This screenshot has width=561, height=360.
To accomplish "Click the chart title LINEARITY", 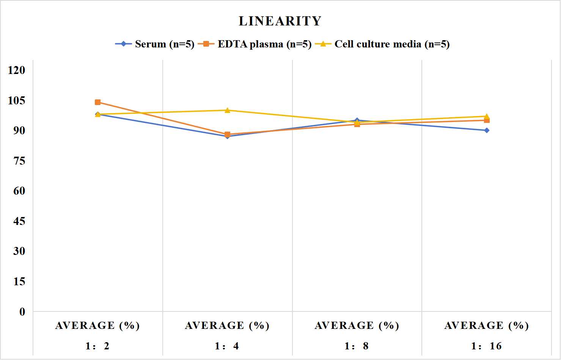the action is click(280, 21).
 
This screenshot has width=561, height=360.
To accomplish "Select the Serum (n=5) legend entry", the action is click(155, 44).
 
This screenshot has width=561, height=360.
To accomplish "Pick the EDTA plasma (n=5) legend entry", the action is click(255, 44).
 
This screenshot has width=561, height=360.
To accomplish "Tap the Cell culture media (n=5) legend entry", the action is click(382, 44).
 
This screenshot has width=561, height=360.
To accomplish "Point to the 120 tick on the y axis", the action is click(17, 70).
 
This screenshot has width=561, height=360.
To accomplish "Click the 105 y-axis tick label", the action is click(17, 101).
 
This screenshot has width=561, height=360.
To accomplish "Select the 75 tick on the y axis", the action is click(19, 161).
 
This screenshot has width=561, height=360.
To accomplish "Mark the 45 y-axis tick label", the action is click(19, 221).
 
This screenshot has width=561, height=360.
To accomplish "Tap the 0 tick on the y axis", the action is click(22, 312).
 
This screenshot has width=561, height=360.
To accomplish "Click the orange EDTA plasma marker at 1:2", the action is click(98, 102).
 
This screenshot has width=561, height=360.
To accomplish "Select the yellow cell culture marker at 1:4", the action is click(227, 110).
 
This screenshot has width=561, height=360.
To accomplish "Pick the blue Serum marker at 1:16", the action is click(487, 130).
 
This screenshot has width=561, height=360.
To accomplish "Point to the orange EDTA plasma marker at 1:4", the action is click(227, 134).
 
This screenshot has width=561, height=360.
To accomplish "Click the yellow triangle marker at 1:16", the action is click(487, 116).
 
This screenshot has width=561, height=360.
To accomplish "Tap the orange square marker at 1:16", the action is click(487, 121).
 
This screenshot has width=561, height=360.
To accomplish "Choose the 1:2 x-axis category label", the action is click(97, 346).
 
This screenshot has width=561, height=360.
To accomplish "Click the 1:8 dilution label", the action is click(357, 346).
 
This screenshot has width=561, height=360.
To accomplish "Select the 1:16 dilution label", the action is click(486, 346).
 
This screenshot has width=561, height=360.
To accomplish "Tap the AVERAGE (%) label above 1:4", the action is click(227, 325).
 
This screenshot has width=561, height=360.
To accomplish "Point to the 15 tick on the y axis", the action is click(19, 281).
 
